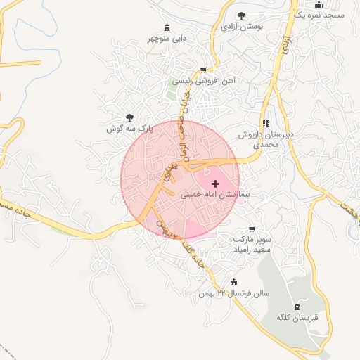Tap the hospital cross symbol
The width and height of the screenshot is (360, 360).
pos(214,183)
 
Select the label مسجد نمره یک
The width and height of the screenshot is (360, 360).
pos(309,15)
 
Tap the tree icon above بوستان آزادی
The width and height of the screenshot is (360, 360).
pos(241,15)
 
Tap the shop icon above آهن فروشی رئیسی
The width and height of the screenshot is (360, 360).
pos(203,70)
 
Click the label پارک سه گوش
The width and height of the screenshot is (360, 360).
pos(129,129)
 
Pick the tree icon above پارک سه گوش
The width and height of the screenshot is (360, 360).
pos(129,117)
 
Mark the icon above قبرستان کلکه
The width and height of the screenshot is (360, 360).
pos(297,306)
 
